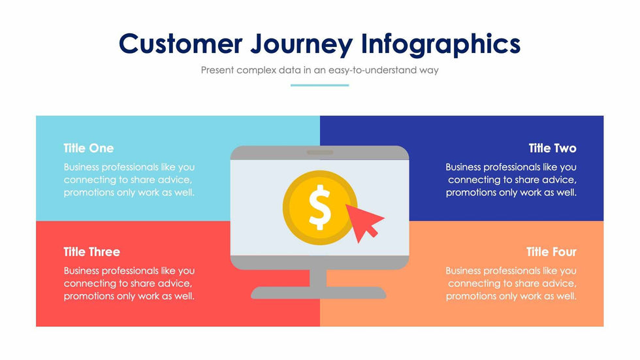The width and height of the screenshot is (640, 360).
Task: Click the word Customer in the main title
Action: click(x=180, y=44)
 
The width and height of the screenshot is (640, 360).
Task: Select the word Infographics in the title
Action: click(x=441, y=44)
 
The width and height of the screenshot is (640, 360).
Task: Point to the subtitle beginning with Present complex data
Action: click(x=319, y=70)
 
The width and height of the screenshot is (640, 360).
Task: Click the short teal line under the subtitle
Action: click(x=319, y=86)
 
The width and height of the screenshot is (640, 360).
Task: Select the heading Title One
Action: click(x=89, y=148)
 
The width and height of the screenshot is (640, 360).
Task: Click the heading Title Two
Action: click(x=552, y=148)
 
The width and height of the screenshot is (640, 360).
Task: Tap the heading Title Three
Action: click(x=92, y=252)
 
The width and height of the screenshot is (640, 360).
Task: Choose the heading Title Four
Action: click(x=551, y=252)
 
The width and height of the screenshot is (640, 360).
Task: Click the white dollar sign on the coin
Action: click(x=319, y=207)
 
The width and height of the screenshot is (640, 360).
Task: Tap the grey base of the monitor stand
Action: click(x=319, y=293)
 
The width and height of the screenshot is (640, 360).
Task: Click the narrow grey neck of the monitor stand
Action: click(x=318, y=278)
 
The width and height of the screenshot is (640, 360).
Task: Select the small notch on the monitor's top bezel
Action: click(x=320, y=153)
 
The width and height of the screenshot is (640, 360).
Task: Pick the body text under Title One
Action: click(x=129, y=180)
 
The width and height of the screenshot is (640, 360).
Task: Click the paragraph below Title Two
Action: click(x=511, y=180)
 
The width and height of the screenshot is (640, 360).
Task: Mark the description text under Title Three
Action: click(x=129, y=284)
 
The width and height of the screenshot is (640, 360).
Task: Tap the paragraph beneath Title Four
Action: click(x=511, y=284)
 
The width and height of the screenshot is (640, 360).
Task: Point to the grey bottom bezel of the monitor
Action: click(x=319, y=263)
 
